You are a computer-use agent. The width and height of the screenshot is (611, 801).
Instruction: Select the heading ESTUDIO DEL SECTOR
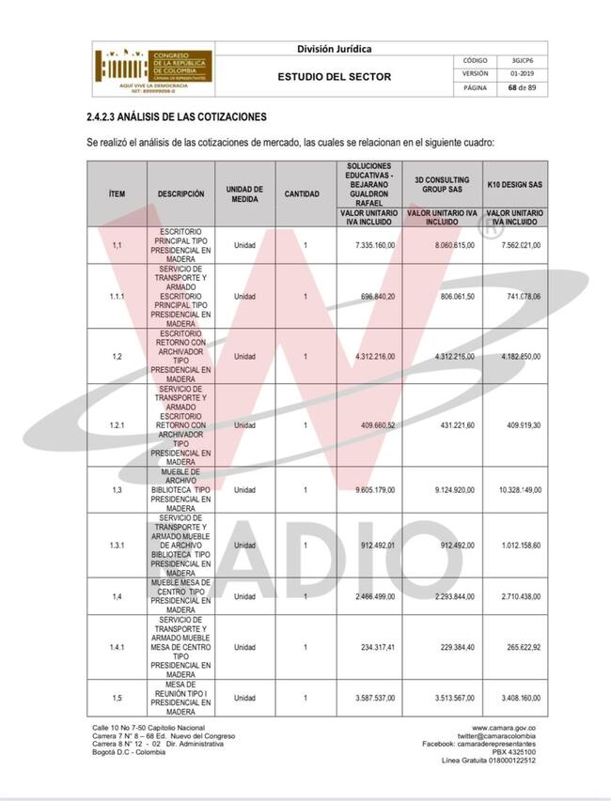coord(334,76)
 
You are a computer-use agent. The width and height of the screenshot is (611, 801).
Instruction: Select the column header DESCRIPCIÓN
coord(180,194)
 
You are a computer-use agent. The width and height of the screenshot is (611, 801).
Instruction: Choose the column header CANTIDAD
coord(305,194)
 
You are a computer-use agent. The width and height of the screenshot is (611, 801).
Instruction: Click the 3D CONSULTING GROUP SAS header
coord(443,182)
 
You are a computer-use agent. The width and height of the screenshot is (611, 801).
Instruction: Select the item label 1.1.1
coord(117,297)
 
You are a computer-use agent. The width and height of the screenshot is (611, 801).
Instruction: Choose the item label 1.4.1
coord(117,648)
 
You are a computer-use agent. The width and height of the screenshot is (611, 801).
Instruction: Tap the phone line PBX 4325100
coord(515,752)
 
